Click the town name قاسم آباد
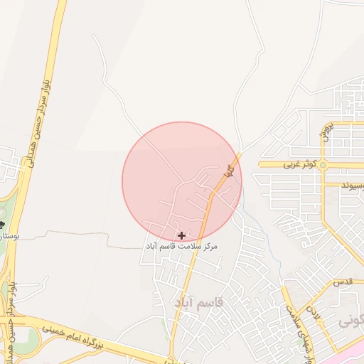pyautogui.click(x=198, y=303)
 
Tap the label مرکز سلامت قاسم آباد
pyautogui.click(x=181, y=246)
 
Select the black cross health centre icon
pyautogui.click(x=182, y=235)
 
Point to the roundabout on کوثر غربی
pyautogui.click(x=323, y=165)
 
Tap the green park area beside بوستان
pyautogui.click(x=4, y=213)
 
